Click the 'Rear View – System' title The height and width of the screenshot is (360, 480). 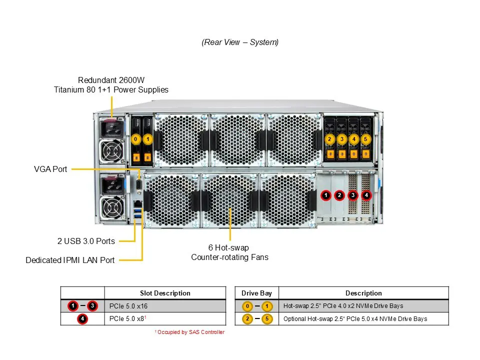[x=240, y=42]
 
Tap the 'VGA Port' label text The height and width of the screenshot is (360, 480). [x=50, y=169]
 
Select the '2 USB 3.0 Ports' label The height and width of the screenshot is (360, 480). [x=86, y=241]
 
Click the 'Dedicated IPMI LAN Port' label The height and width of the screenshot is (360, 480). [x=70, y=260]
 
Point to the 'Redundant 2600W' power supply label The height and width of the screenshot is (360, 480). [x=111, y=80]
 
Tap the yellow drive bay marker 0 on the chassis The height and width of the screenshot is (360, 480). [x=135, y=139]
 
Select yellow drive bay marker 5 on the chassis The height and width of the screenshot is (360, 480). [x=365, y=139]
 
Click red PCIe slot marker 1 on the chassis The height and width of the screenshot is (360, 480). [x=325, y=195]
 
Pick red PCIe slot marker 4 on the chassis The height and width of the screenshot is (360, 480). [x=366, y=195]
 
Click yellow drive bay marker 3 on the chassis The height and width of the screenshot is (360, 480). [x=341, y=139]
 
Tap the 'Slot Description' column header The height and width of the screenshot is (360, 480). [x=165, y=293]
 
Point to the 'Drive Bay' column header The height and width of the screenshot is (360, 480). [x=256, y=293]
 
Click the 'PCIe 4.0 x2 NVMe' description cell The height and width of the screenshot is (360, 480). [x=343, y=306]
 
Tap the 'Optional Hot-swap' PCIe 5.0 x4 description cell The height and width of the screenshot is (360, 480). [x=355, y=318]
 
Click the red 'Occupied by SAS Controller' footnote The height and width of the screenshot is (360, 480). [x=190, y=332]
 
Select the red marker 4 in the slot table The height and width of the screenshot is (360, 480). [x=82, y=318]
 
